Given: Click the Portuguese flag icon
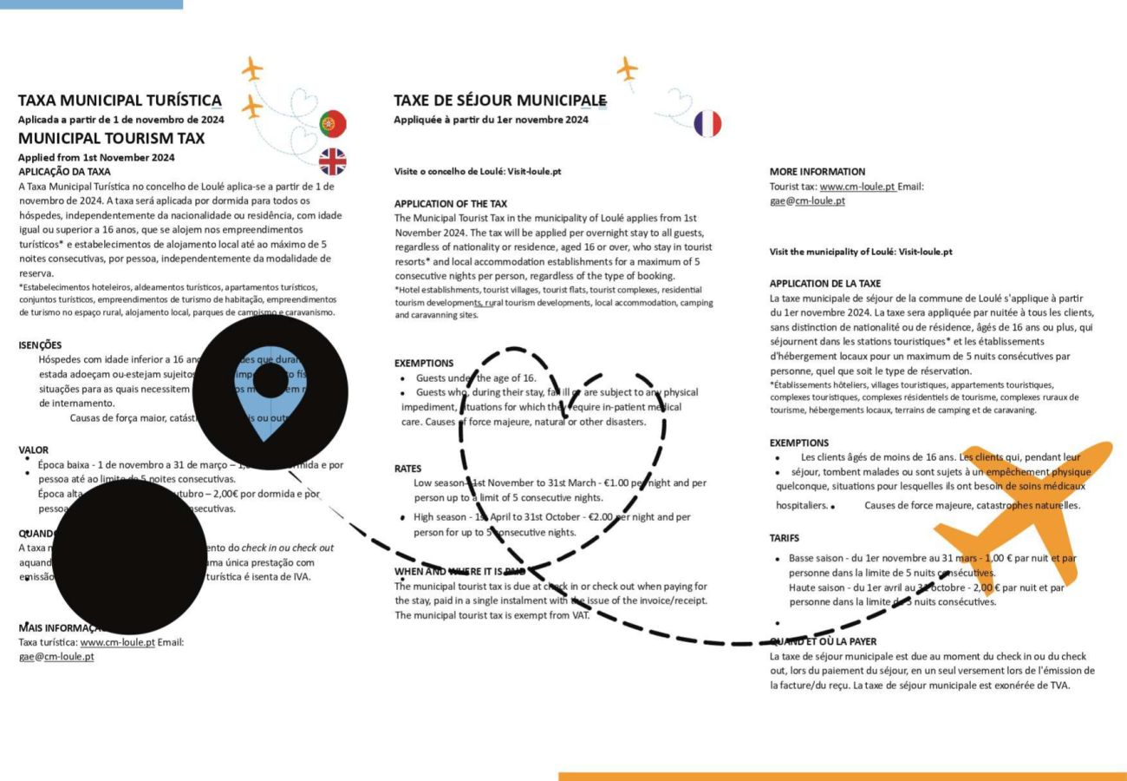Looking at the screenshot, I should (333, 123).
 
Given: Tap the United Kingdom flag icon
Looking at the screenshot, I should (333, 161).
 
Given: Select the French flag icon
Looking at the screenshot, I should (707, 123).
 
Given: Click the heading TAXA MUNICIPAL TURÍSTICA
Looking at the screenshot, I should (120, 101).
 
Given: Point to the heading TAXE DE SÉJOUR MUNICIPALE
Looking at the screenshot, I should (500, 101).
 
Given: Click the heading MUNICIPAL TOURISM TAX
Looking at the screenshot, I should (112, 138).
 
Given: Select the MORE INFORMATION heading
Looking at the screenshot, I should (818, 172).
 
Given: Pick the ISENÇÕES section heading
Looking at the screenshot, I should (40, 345).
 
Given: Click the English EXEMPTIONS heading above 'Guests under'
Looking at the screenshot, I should (424, 363).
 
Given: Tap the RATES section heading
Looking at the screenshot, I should (407, 469).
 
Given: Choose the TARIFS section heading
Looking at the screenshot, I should (785, 538).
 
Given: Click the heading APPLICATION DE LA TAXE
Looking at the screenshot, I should (825, 284).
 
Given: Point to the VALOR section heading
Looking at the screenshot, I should (34, 450).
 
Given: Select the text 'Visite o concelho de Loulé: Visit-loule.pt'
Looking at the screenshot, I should (478, 172).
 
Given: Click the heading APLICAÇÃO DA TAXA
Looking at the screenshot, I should (64, 172).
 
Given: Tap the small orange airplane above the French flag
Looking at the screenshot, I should (627, 68).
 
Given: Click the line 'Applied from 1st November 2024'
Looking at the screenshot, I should (96, 157).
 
